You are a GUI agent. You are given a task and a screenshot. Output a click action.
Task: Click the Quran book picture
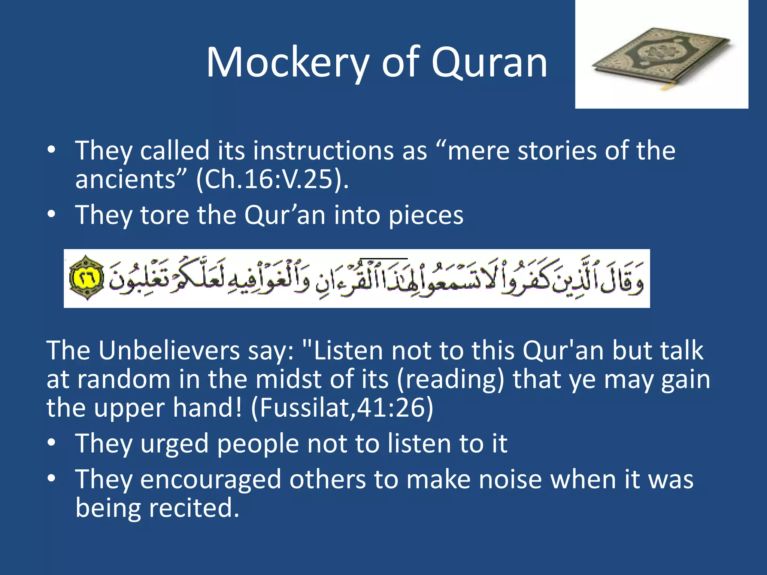[x=661, y=56]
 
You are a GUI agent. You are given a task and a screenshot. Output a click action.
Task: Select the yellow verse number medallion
[x=87, y=278]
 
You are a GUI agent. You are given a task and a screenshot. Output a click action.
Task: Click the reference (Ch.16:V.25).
[x=272, y=179]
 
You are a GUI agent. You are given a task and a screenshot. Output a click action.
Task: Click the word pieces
[x=426, y=215]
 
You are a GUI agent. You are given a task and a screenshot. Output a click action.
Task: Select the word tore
[x=164, y=215]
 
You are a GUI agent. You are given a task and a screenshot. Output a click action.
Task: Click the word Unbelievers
[x=169, y=351]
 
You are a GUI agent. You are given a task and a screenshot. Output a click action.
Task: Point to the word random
[x=124, y=379]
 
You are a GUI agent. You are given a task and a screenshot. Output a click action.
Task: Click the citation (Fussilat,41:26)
[x=342, y=408]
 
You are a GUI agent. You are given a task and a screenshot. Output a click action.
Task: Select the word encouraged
[x=210, y=480]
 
